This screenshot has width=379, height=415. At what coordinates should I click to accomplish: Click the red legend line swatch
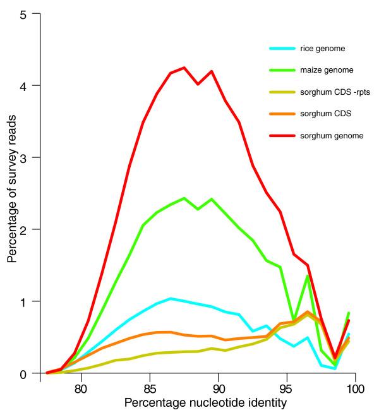tap(279, 135)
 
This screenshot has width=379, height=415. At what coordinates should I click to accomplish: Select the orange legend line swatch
tap(279, 113)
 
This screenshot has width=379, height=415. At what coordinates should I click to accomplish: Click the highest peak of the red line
tap(184, 68)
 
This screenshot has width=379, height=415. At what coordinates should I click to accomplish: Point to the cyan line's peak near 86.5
tap(170, 298)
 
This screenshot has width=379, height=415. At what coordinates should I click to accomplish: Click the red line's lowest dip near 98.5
tap(335, 357)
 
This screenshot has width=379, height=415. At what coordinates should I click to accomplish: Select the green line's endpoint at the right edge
tap(349, 313)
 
